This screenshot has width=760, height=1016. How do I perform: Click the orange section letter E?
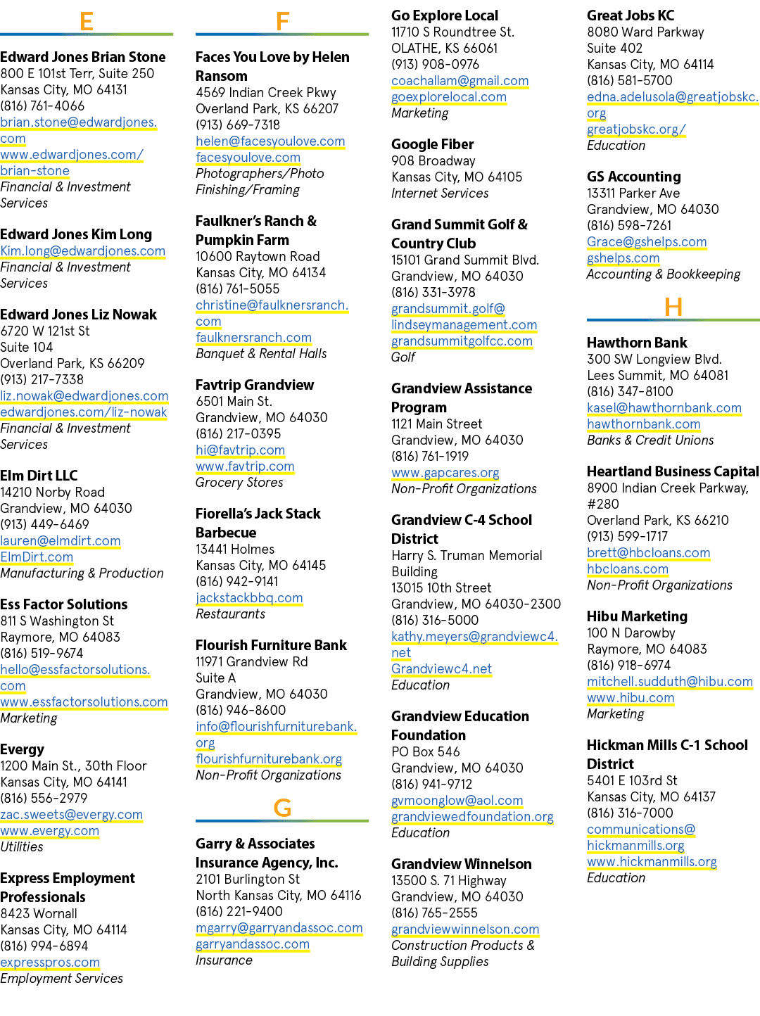[x=87, y=21]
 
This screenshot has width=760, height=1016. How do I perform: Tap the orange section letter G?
[x=282, y=808]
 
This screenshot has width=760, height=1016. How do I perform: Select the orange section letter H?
[x=673, y=307]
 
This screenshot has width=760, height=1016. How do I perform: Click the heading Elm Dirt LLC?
[x=39, y=476]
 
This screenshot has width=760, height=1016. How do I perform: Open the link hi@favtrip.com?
[x=240, y=450]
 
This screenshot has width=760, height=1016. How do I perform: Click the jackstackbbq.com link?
[x=249, y=597]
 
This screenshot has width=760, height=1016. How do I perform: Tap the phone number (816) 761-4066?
[x=42, y=106]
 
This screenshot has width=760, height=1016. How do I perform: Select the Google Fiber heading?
[x=432, y=144]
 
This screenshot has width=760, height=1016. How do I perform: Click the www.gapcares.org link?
[x=445, y=473]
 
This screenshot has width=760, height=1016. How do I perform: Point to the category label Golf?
[x=403, y=357]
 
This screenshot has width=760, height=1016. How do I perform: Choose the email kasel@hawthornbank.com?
[x=664, y=408]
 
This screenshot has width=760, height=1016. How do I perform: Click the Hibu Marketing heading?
[x=637, y=616]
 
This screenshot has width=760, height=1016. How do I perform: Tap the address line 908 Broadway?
[x=433, y=161]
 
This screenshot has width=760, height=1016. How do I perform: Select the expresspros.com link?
[x=50, y=963]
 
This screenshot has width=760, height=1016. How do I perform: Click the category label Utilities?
[x=21, y=846]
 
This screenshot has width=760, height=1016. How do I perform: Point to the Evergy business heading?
[x=23, y=749]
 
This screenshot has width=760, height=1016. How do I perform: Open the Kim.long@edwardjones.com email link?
[x=83, y=251]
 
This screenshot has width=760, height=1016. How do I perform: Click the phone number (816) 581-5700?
[x=630, y=80]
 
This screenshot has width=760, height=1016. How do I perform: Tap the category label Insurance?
[x=224, y=960]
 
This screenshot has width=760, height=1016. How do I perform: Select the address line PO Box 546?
[x=425, y=751]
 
